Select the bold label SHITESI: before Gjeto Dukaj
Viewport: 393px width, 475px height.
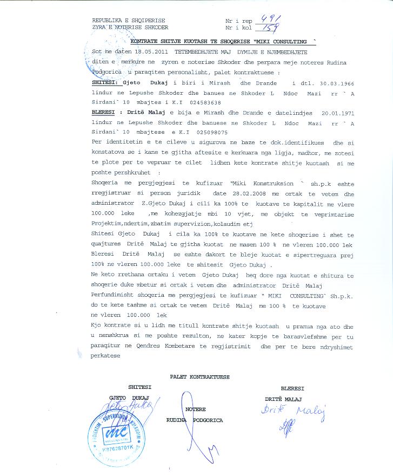pyautogui.click(x=103, y=83)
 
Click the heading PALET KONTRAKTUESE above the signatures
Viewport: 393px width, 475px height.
pyautogui.click(x=199, y=375)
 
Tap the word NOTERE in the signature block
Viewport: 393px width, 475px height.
pyautogui.click(x=195, y=409)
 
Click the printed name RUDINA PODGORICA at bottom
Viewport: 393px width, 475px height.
pyautogui.click(x=194, y=420)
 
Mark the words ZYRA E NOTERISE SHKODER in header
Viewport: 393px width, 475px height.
pyautogui.click(x=130, y=27)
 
